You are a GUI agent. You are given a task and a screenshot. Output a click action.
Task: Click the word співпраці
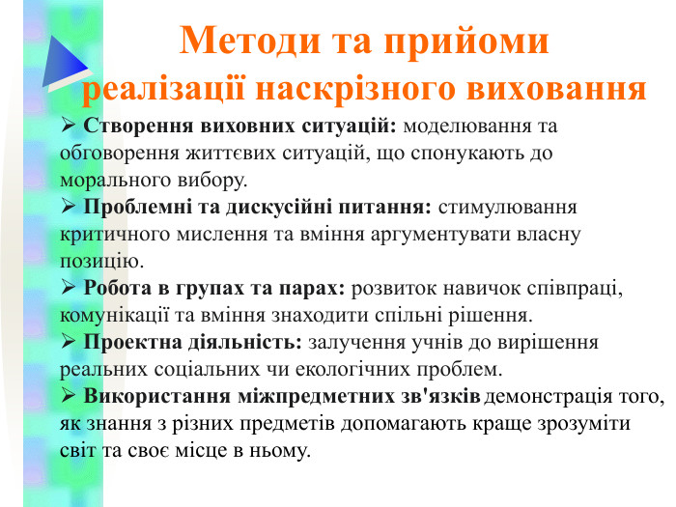point(577,288)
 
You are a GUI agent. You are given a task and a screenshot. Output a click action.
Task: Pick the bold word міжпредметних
point(305,396)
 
